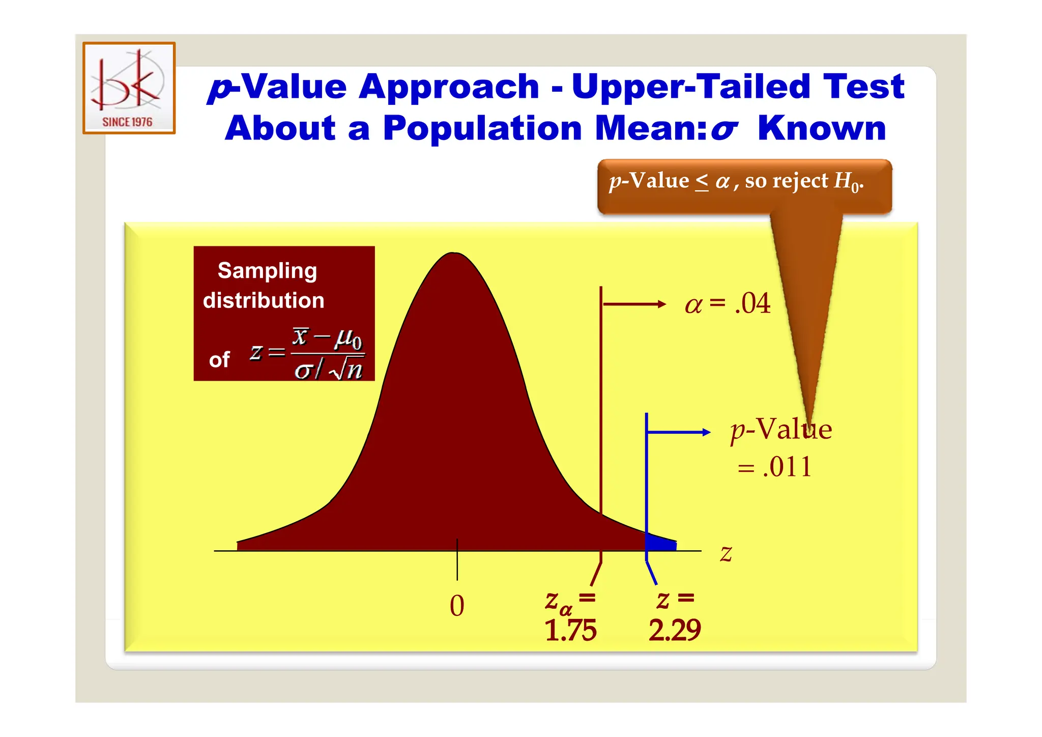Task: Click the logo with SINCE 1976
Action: pos(129,88)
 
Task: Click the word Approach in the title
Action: pos(449,87)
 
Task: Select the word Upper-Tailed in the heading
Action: pos(690,87)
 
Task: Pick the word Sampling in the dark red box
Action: pos(267,271)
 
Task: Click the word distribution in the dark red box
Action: pos(264,300)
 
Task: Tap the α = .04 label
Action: pos(728,304)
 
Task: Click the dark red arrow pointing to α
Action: pos(634,304)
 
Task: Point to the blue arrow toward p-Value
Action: pos(679,432)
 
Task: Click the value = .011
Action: pos(775,467)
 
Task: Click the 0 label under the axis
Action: pos(457,606)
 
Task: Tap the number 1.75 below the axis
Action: pos(570,630)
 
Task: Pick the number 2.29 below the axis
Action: pos(675,630)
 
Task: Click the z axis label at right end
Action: pos(726,553)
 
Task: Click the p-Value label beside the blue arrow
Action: pos(781,430)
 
